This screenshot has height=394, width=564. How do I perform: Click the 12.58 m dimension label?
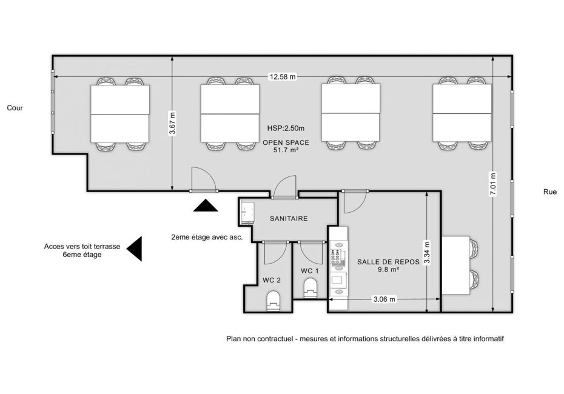[x=283, y=76]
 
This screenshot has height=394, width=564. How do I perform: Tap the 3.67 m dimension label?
[x=173, y=123]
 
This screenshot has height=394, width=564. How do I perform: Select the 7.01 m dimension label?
[x=493, y=184]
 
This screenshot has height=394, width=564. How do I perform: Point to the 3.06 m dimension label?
[x=384, y=299]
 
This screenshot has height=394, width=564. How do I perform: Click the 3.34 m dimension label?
[x=426, y=252]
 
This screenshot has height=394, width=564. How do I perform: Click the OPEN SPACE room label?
[x=286, y=142]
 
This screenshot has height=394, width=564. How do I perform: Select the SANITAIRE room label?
[x=289, y=218]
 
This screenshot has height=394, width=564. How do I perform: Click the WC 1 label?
[x=310, y=271]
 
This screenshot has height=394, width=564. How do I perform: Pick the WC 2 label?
[x=272, y=280]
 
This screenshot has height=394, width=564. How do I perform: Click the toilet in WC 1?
[x=311, y=289]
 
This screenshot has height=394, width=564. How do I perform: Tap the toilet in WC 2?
[x=274, y=301]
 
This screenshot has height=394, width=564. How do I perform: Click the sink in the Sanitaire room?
[x=247, y=213]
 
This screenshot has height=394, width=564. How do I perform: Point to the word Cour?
[x=15, y=108]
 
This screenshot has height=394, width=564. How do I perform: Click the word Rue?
[x=549, y=192]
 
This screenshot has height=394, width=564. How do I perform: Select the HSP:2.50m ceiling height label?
[x=286, y=128]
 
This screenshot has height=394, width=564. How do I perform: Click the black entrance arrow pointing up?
[x=206, y=205]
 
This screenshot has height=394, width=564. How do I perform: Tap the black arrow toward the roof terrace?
[x=134, y=249]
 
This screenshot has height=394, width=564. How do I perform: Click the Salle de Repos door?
[x=354, y=201]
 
